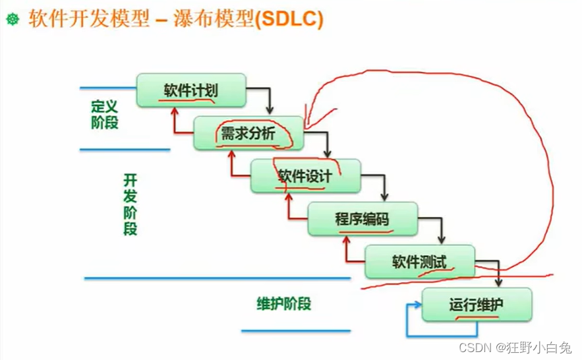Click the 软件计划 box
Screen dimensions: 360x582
pyautogui.click(x=191, y=90)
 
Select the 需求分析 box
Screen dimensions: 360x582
pyautogui.click(x=248, y=133)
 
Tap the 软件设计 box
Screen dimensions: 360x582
pyautogui.click(x=305, y=176)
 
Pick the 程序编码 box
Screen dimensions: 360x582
pyautogui.click(x=363, y=219)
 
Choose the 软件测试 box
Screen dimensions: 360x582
pyautogui.click(x=420, y=262)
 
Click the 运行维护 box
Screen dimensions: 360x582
pyautogui.click(x=477, y=305)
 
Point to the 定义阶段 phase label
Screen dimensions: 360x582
pyautogui.click(x=105, y=113)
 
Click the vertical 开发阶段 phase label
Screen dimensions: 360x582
pyautogui.click(x=130, y=204)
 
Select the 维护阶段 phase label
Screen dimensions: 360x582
pyautogui.click(x=283, y=304)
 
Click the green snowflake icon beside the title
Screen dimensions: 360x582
pyautogui.click(x=12, y=20)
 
